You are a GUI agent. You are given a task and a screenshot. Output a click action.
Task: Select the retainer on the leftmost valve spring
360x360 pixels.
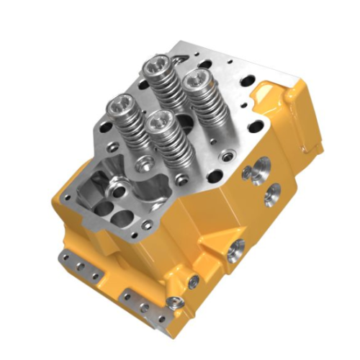coord(120,107)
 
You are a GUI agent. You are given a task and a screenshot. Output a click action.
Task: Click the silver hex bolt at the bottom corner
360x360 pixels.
coord(171,302)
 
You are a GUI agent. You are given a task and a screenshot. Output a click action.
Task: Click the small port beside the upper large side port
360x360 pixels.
coord(247,172)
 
